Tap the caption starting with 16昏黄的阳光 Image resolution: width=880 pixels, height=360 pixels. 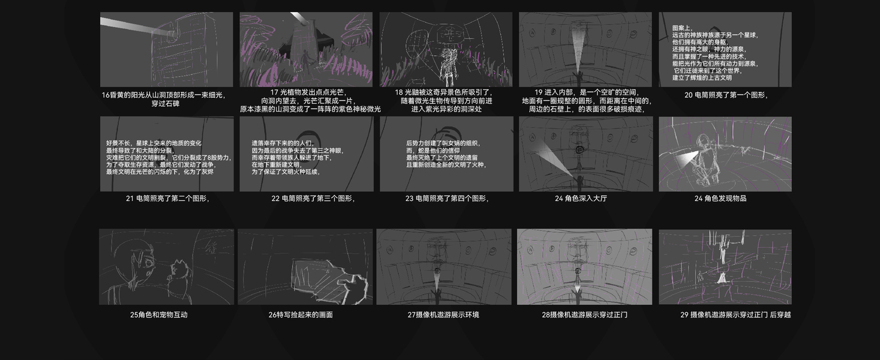point(166,98)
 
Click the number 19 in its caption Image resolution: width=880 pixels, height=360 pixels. point(538,92)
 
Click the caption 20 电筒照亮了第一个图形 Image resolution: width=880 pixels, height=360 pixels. point(726,95)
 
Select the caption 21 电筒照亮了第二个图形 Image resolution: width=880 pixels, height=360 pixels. point(167,199)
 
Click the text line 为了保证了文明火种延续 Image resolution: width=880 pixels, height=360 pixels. point(286,172)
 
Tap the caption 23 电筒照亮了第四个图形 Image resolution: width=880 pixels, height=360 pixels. point(447,199)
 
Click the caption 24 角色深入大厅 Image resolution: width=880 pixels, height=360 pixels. point(585,199)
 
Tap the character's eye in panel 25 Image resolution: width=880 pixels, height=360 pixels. point(146,262)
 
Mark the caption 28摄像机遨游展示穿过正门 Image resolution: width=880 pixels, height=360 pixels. point(584,314)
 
